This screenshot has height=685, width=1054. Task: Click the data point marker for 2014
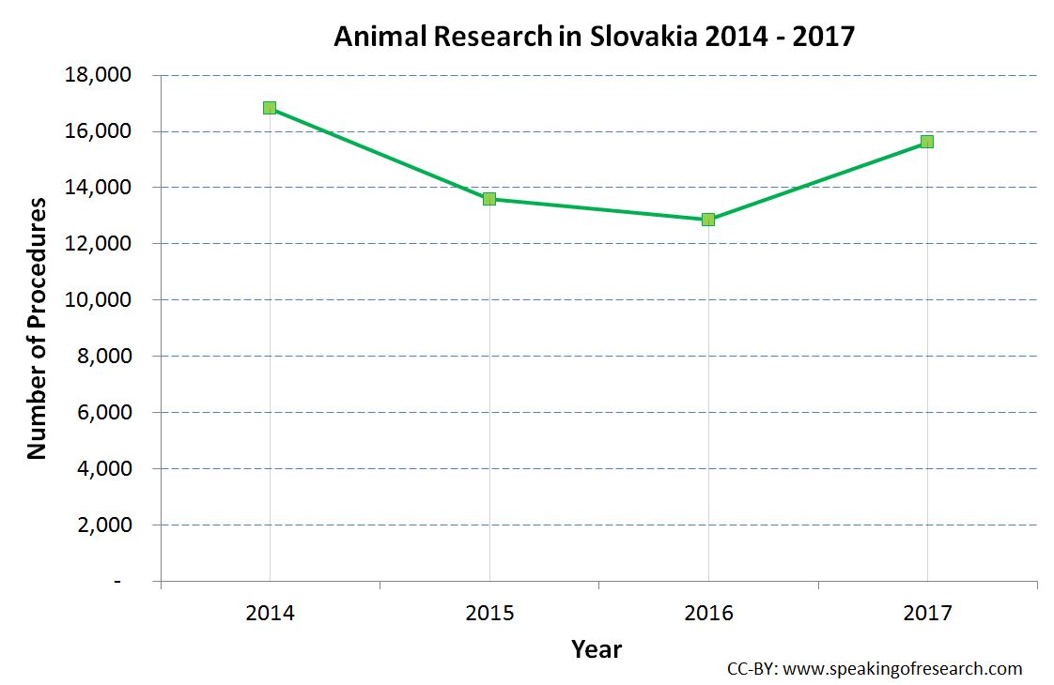tap(270, 108)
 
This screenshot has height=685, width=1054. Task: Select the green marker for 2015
tap(489, 199)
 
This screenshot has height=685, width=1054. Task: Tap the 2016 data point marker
tap(708, 220)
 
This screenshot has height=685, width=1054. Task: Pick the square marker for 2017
tap(927, 142)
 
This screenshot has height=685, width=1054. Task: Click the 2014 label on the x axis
tap(270, 614)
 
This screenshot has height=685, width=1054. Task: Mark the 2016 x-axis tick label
tap(708, 614)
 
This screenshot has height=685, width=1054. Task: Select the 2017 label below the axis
tap(927, 614)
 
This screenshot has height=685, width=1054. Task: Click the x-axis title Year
tap(597, 648)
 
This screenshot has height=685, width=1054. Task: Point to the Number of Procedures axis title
tap(37, 328)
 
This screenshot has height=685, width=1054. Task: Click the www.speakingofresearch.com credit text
tap(902, 669)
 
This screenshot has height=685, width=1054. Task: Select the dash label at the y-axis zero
tap(117, 582)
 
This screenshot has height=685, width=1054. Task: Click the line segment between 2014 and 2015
tap(380, 154)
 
